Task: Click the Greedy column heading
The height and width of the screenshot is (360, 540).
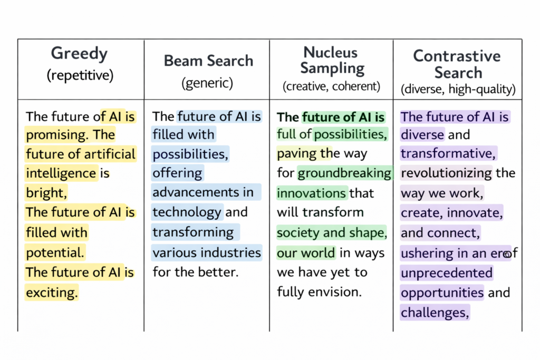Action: [79, 54]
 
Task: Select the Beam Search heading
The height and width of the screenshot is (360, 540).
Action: [208, 61]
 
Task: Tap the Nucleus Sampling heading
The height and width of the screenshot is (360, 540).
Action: [331, 60]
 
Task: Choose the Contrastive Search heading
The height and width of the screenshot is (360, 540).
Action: [457, 64]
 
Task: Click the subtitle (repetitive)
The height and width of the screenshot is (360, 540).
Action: [80, 75]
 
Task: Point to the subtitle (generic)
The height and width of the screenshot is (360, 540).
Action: [207, 83]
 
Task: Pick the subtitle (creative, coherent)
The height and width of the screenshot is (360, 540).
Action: [331, 86]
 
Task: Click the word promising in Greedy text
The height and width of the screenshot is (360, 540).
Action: [56, 134]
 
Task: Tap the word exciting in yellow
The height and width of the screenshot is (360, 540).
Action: [52, 291]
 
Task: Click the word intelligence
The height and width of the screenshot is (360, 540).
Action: [61, 173]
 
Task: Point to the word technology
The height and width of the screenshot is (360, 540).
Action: [187, 212]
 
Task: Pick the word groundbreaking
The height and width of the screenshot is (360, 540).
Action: [344, 173]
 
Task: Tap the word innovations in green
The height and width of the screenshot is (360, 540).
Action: [312, 193]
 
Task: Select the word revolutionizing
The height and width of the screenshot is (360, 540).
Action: [446, 173]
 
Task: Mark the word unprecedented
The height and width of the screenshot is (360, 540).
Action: [446, 273]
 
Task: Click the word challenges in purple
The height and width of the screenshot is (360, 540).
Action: [435, 313]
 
